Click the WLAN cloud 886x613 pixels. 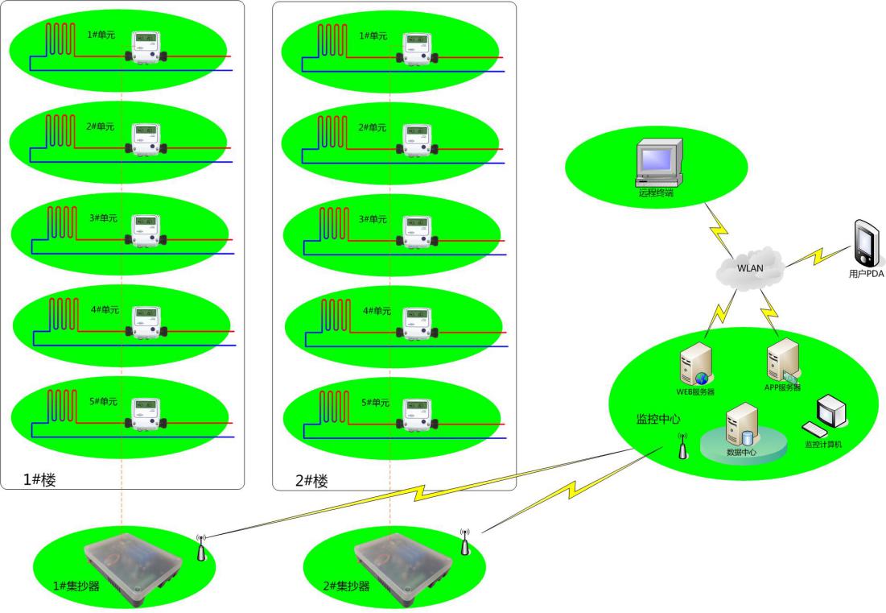coord(749,267)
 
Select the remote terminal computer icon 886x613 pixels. coord(658,164)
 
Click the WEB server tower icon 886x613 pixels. coord(696,364)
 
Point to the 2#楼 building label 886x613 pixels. coord(311,481)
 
